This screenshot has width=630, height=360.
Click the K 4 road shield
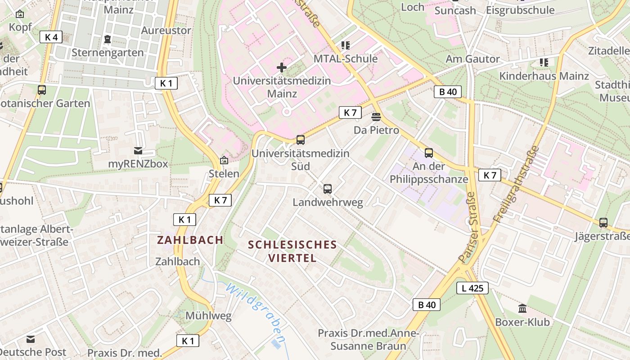(51, 37)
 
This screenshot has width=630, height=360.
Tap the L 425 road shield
(472, 288)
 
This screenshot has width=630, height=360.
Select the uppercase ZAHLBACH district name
(190, 240)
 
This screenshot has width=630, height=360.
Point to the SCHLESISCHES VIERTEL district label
(292, 251)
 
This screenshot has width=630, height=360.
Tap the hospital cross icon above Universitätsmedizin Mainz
(282, 68)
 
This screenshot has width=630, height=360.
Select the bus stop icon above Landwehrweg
(328, 189)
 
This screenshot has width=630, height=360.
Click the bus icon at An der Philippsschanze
(428, 153)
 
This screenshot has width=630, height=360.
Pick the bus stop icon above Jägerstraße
(603, 223)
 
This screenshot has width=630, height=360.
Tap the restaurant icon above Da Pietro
(376, 117)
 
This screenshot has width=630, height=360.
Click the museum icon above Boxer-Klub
(522, 309)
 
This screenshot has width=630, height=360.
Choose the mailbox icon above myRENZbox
(138, 151)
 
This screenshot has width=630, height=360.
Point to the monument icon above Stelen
(224, 160)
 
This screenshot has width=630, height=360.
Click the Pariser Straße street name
(468, 227)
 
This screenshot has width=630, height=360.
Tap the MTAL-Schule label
(346, 59)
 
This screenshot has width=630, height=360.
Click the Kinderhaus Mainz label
(544, 76)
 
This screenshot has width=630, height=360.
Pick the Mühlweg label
(208, 316)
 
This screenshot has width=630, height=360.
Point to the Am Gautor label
(472, 59)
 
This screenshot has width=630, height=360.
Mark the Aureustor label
(166, 31)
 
